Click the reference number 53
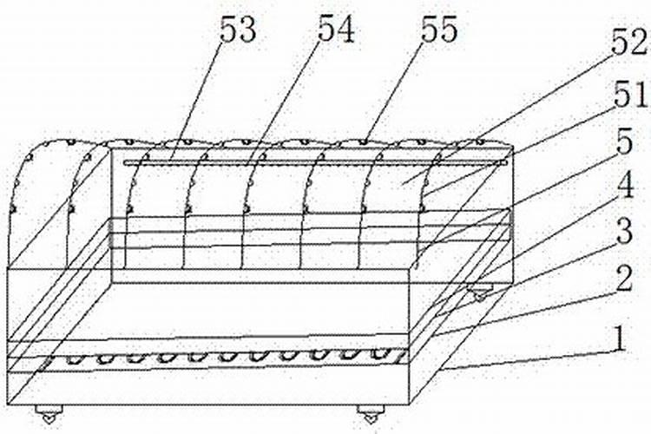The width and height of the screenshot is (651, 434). pyautogui.click(x=238, y=30)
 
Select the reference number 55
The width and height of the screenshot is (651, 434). pyautogui.click(x=438, y=30)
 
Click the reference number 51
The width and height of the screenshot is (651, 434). pyautogui.click(x=628, y=94)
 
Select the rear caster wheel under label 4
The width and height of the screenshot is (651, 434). pyautogui.click(x=477, y=295)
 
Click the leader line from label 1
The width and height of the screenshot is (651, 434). pyautogui.click(x=529, y=356)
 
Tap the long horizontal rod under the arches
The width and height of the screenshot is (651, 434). pyautogui.click(x=312, y=161)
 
